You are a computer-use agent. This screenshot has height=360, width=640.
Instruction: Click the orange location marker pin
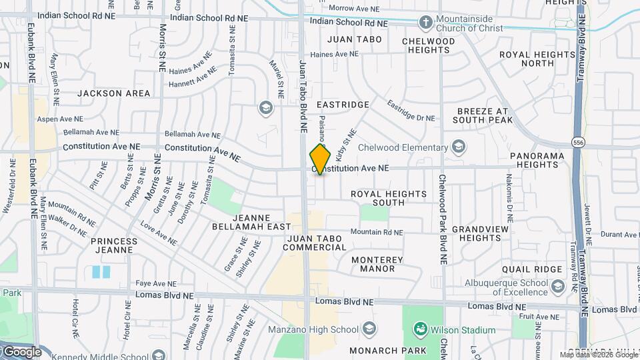pos(320,159)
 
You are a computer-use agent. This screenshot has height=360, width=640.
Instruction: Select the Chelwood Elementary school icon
pos(459,147)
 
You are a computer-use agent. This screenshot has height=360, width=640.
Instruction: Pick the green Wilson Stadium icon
pos(420,329)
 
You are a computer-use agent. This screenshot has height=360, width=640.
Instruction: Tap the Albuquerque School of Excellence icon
pos(557,286)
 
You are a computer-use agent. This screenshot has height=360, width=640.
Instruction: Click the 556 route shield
pos(577,141)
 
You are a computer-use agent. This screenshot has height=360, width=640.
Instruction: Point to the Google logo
pos(23,351)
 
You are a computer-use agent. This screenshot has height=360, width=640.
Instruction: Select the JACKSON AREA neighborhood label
pos(114,93)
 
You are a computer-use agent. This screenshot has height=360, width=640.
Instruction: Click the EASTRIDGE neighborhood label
pos(343,105)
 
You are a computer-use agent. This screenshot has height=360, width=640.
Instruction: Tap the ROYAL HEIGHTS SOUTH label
pos(389,198)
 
